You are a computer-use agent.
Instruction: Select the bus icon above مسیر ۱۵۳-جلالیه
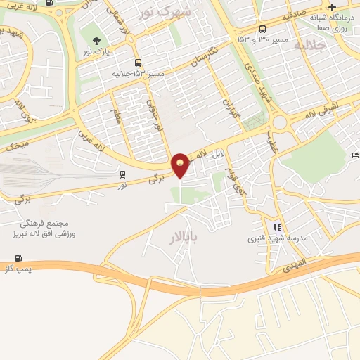point(138,63)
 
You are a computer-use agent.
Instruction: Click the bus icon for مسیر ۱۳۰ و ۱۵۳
point(262,29)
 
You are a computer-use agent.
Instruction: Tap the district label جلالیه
point(311,46)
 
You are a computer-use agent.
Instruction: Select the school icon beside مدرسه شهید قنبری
point(277,228)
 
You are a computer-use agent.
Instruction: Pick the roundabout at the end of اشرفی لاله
point(280,123)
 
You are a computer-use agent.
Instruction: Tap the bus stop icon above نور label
point(124,174)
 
